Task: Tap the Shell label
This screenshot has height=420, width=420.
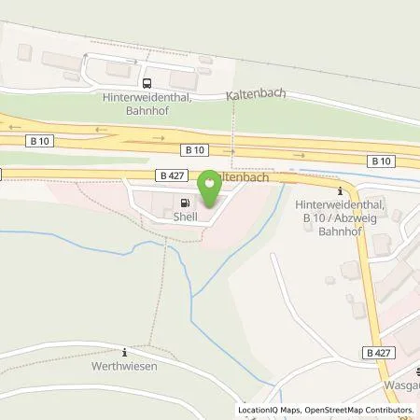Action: pyautogui.click(x=185, y=216)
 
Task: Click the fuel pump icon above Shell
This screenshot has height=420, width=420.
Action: pyautogui.click(x=185, y=202)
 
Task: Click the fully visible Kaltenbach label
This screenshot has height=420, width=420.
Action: pyautogui.click(x=255, y=95)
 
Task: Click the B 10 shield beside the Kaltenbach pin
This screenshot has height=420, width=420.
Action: pyautogui.click(x=194, y=149)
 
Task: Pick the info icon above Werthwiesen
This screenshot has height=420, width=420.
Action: pyautogui.click(x=125, y=351)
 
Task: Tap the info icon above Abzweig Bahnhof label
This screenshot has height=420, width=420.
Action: pyautogui.click(x=340, y=191)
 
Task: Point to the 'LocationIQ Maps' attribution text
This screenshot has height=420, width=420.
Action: pyautogui.click(x=269, y=410)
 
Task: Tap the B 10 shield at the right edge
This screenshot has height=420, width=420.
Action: pyautogui.click(x=380, y=161)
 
